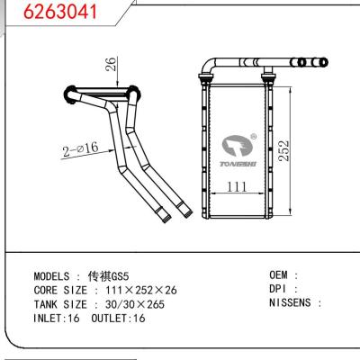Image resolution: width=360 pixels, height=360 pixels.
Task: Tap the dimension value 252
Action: click(x=310, y=149)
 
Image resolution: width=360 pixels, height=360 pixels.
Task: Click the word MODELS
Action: click(x=55, y=276)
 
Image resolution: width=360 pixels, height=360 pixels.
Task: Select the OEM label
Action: click(x=280, y=275)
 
